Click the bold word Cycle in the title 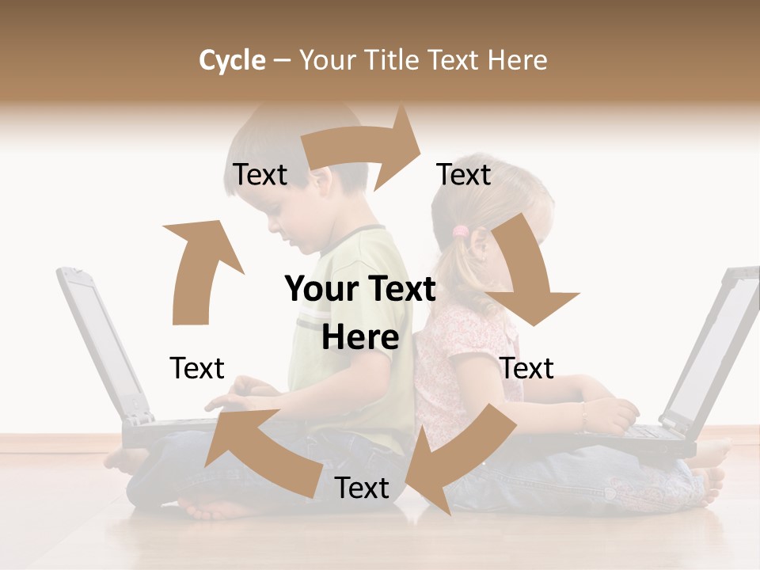[x=232, y=60]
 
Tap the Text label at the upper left [x=260, y=174]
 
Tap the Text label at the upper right [x=464, y=174]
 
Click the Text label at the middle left [x=197, y=368]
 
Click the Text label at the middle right [x=527, y=368]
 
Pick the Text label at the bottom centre [x=362, y=488]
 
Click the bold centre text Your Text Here [x=360, y=313]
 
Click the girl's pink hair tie [x=460, y=231]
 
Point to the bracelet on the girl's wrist [x=584, y=412]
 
